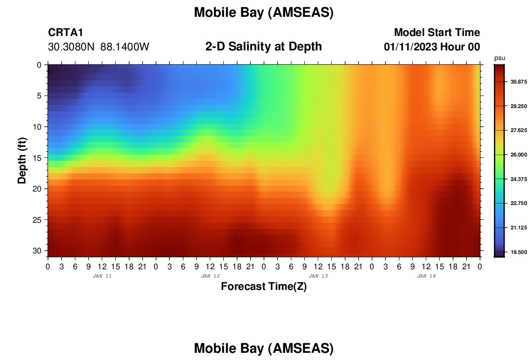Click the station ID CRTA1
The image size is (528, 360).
coord(65,32)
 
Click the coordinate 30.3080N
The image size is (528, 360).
coord(71,47)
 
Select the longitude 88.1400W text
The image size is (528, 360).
coord(125,47)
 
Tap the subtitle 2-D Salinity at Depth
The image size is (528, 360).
coord(264,47)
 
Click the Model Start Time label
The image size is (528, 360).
coord(437,32)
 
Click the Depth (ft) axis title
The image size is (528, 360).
coord(22,160)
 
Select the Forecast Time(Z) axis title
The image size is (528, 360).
coord(264,286)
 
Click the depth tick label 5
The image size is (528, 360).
coord(39,96)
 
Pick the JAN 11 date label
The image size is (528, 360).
coord(102,276)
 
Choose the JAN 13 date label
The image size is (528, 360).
coord(318,276)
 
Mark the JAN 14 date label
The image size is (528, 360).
coord(426,276)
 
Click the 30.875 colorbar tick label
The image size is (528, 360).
coord(518,82)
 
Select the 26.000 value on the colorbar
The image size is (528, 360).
coord(518,155)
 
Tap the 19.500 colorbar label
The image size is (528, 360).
coord(518,252)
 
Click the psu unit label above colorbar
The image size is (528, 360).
coord(500,58)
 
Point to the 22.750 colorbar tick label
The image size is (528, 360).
coord(518,204)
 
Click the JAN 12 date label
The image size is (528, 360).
coord(210,276)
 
